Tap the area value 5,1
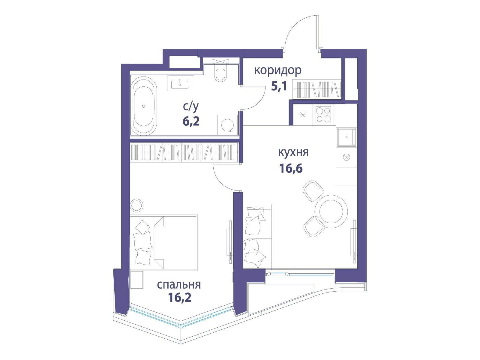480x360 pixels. pos(279,87)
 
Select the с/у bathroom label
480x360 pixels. pos(191,107)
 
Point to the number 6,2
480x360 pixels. pos(191,121)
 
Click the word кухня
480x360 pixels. pos(293,152)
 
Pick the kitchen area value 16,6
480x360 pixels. pos(291,168)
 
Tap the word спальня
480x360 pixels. pos(179,285)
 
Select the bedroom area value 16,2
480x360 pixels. pos(179,298)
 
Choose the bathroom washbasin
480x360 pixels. pos(180,83)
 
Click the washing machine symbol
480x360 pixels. pos(227,125)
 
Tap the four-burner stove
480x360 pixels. pos(323,115)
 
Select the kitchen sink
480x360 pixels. pos(346,137)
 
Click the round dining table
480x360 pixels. pos(331,211)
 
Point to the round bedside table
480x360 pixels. pos(137,205)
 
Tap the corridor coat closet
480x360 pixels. pos(317,89)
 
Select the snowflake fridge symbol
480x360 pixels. pos(303,115)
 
